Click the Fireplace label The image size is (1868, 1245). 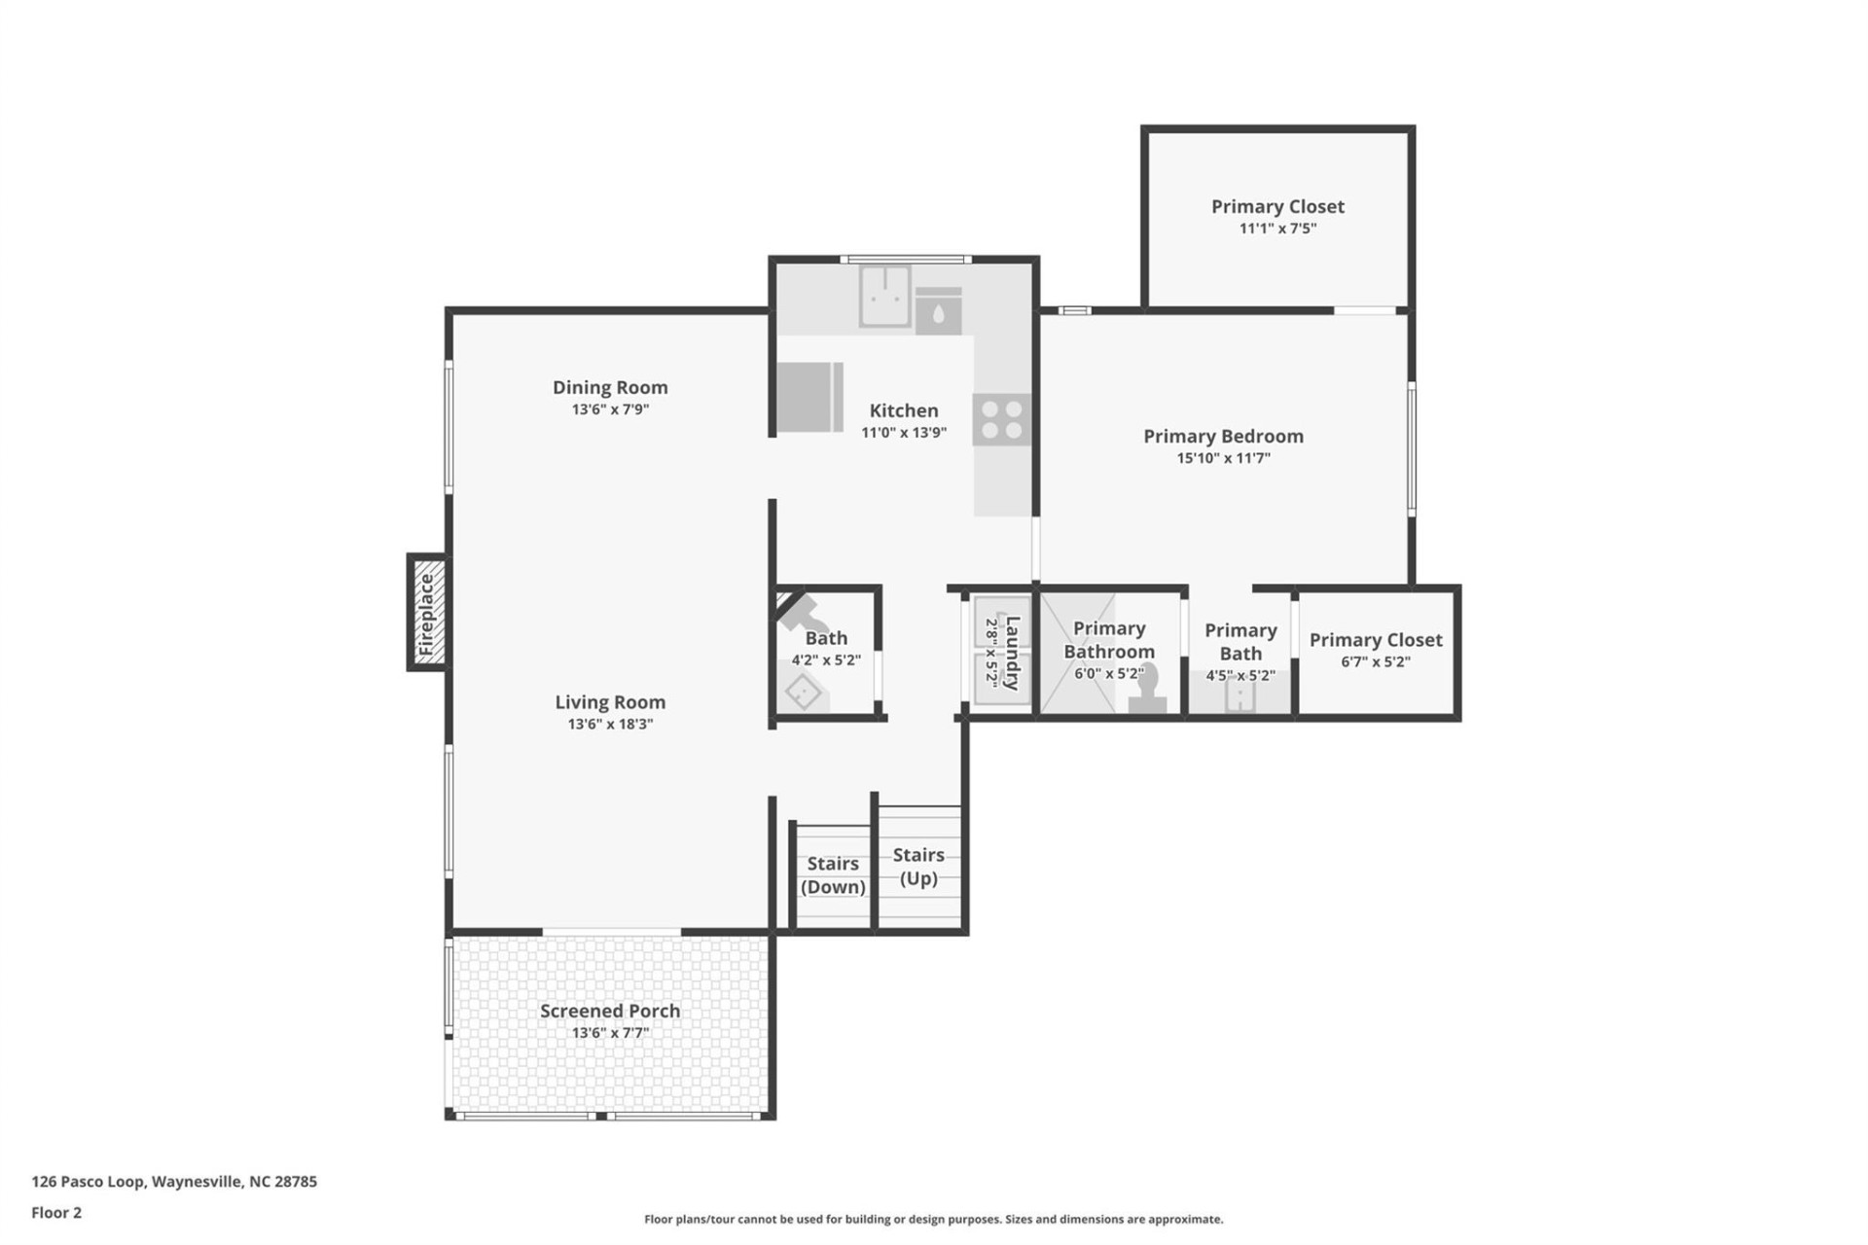pos(426,613)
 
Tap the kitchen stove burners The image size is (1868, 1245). pos(1001,420)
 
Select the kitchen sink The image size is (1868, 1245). pos(884,296)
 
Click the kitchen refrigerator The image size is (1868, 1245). pos(809,397)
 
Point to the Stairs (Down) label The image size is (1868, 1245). pos(833,875)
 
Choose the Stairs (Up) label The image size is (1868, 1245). pos(918,866)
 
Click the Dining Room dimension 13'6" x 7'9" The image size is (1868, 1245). pos(610,409)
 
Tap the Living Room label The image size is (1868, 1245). pos(610,701)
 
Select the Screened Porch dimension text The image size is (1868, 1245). pos(610,1033)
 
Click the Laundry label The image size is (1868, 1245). pos(1012,652)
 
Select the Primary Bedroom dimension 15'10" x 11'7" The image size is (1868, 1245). pos(1223,458)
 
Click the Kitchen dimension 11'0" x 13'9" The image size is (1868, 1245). pos(903,433)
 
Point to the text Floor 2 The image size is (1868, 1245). pos(56,1212)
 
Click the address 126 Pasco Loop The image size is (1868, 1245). pos(174,1182)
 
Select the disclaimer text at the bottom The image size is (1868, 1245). pos(933,1219)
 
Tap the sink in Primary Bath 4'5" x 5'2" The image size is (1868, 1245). pos(1239,696)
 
